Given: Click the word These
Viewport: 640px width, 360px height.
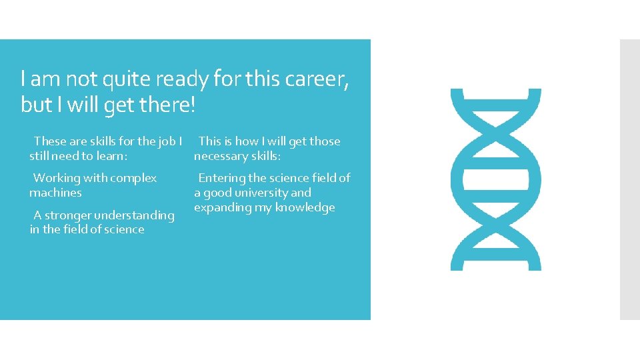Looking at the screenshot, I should coord(50,141).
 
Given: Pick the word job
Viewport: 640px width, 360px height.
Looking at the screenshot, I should coord(166,141).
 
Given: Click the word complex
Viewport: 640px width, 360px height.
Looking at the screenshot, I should coord(133,178).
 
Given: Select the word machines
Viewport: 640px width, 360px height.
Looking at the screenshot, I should coord(55,193).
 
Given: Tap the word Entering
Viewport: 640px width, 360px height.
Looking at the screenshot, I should coord(221,178).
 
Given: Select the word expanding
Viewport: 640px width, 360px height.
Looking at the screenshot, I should coord(219,208).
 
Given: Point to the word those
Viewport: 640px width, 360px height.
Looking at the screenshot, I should coord(324,141).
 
